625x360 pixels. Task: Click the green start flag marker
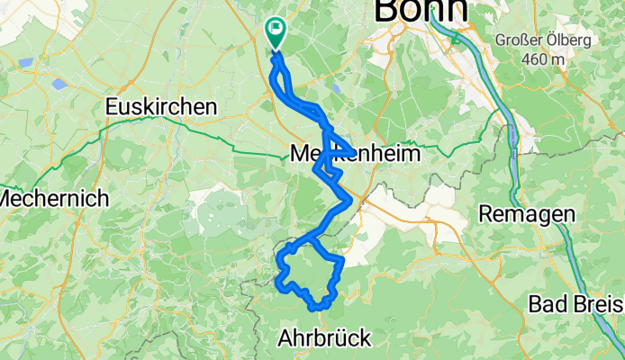[275, 32]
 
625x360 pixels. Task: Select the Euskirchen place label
[161, 106]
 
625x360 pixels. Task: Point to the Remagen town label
[527, 214]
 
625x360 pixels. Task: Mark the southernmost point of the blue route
[314, 310]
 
